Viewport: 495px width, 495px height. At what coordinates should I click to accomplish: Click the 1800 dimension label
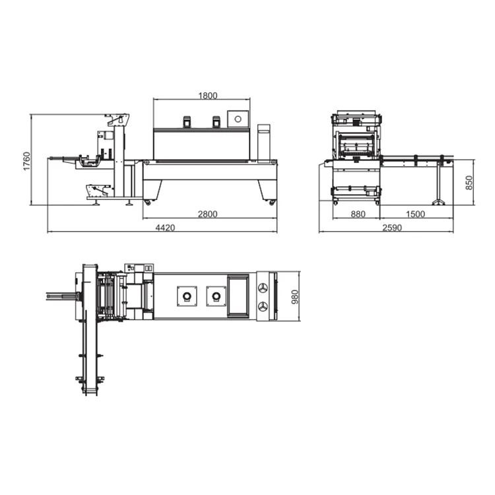208,96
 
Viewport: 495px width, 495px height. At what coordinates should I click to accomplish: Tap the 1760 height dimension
27,161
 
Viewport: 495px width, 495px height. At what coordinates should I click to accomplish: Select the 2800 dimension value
208,214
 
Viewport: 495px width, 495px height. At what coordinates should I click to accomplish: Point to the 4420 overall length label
165,228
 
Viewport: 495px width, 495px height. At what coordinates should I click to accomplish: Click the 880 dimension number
358,214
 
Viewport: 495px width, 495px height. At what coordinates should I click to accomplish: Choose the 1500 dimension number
415,214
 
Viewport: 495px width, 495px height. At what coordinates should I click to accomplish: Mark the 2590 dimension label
392,228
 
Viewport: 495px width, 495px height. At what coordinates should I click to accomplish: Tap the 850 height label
469,182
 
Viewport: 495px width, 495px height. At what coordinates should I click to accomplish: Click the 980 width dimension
294,297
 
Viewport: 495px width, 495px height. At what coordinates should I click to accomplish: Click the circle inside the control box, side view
238,119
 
